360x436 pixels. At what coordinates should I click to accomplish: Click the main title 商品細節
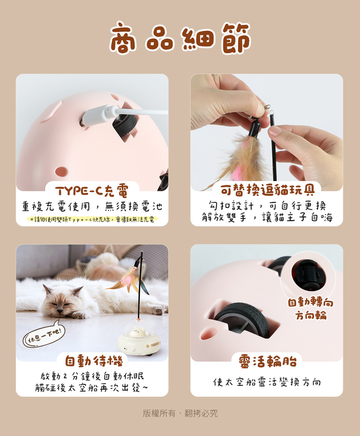(180, 38)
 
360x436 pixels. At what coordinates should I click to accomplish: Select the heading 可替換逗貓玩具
(267, 190)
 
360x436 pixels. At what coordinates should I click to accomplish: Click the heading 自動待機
(94, 361)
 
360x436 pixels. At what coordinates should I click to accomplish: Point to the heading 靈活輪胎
(268, 361)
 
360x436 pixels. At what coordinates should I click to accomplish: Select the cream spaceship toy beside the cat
(138, 340)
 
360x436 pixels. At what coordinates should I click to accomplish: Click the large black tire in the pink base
(243, 320)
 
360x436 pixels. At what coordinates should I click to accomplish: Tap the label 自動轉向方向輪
(310, 308)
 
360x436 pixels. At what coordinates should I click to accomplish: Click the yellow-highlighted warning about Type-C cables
(92, 219)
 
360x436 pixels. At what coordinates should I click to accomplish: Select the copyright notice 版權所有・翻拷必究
(180, 413)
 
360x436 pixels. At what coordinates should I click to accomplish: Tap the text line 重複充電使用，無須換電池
(92, 206)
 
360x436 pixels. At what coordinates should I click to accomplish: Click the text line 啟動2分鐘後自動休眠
(92, 376)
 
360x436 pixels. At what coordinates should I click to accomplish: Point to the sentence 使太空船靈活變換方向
(267, 382)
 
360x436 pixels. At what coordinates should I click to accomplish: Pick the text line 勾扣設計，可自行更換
(267, 206)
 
